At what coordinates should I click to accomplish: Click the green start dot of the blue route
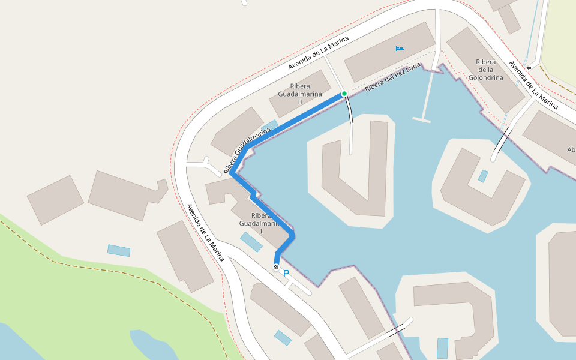[x=344, y=94]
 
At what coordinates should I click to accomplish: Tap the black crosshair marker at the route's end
[x=276, y=267]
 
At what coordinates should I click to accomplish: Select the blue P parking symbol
[x=286, y=274]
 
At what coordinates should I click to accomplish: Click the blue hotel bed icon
[x=400, y=48]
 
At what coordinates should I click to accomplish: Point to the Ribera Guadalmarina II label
[x=300, y=94]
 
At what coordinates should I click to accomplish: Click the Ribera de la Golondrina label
[x=485, y=70]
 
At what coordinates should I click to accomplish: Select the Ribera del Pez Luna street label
[x=393, y=79]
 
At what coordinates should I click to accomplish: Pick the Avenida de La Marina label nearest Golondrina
[x=533, y=83]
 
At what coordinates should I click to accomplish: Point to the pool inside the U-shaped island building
[x=483, y=176]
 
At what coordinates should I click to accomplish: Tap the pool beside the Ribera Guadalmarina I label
[x=251, y=241]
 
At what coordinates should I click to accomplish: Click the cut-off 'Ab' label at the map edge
[x=571, y=149]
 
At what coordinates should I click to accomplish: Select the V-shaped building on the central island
[x=354, y=174]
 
